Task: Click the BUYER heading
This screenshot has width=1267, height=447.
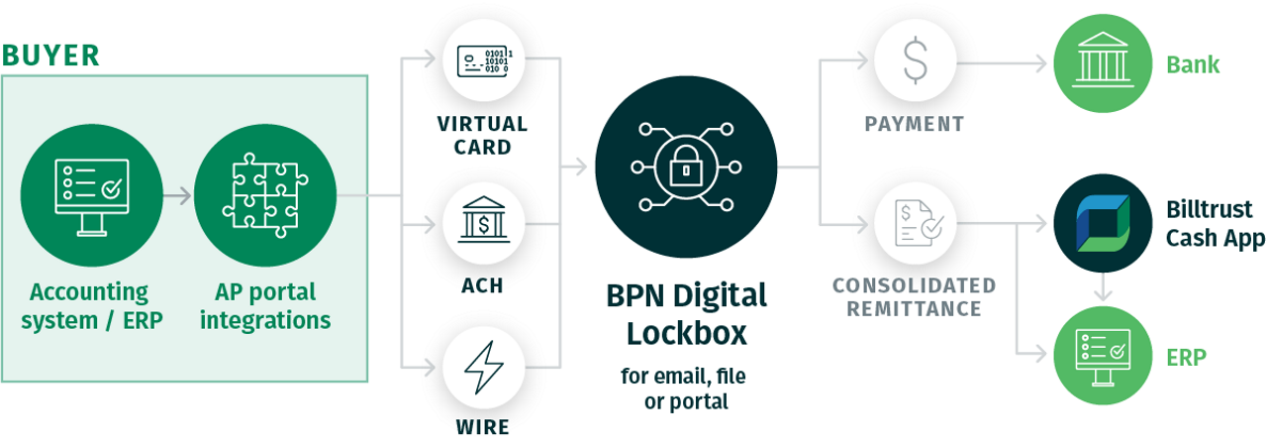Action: (x=50, y=56)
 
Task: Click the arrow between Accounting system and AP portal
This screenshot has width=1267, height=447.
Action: (x=177, y=195)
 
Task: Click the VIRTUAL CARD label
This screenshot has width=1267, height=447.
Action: (x=482, y=136)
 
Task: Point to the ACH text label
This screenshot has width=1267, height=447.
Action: (x=482, y=285)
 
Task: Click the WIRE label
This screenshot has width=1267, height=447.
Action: (x=482, y=427)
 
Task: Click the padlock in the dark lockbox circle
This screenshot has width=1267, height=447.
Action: (x=685, y=169)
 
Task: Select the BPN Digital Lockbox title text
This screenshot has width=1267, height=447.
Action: (x=686, y=314)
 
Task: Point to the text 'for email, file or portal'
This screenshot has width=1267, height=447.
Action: (x=686, y=389)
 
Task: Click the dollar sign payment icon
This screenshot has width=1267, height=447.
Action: (x=914, y=61)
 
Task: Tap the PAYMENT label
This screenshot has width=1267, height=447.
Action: (x=914, y=124)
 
